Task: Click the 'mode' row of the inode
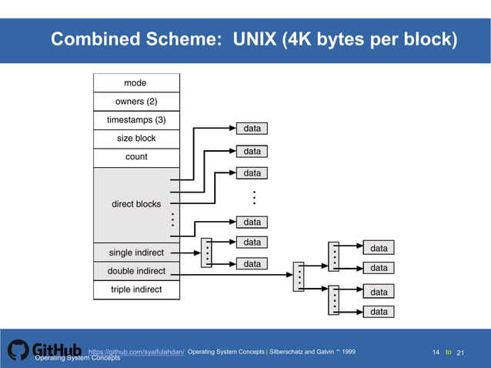pos(135,82)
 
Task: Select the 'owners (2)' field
pos(135,101)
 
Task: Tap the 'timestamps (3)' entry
pos(135,120)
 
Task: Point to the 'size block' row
pos(135,139)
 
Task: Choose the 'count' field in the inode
pos(135,157)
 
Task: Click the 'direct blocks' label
pos(136,204)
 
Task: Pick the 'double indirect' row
pos(135,271)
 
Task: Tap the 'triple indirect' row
pos(135,289)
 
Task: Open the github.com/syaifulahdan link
pos(136,352)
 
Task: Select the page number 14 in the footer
pos(436,353)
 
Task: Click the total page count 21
pos(462,353)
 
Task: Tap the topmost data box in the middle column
pos(252,129)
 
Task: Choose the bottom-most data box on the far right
pos(379,312)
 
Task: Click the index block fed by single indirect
pos(206,253)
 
